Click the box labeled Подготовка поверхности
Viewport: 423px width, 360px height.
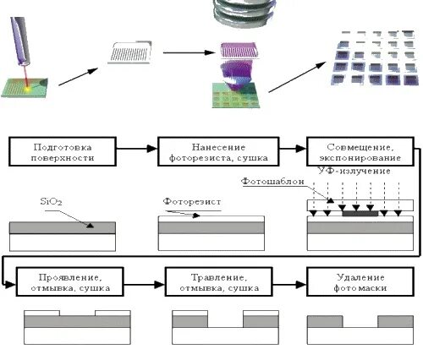click(63, 151)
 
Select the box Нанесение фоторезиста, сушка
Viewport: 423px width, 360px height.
click(218, 151)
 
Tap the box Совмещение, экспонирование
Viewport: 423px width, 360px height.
click(360, 151)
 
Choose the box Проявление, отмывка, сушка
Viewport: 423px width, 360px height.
click(70, 281)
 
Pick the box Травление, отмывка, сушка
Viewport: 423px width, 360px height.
click(219, 281)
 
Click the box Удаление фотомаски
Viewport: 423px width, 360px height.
click(360, 281)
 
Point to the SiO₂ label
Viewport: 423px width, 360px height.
click(51, 202)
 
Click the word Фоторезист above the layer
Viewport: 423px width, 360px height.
click(192, 202)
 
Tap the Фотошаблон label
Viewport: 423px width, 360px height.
click(272, 181)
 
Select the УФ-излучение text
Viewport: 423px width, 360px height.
click(354, 171)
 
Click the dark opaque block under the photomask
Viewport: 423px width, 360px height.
click(360, 214)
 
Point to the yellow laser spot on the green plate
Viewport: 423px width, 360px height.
click(28, 89)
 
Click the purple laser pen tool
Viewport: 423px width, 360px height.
click(20, 41)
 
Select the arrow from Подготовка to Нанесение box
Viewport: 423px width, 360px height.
click(137, 149)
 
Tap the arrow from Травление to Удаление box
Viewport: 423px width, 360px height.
click(289, 285)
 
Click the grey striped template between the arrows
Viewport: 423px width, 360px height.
click(130, 52)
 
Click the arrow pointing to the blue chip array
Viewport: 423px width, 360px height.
click(298, 77)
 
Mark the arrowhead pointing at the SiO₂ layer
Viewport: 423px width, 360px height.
click(90, 225)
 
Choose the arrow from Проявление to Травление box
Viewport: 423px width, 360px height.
click(145, 285)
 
